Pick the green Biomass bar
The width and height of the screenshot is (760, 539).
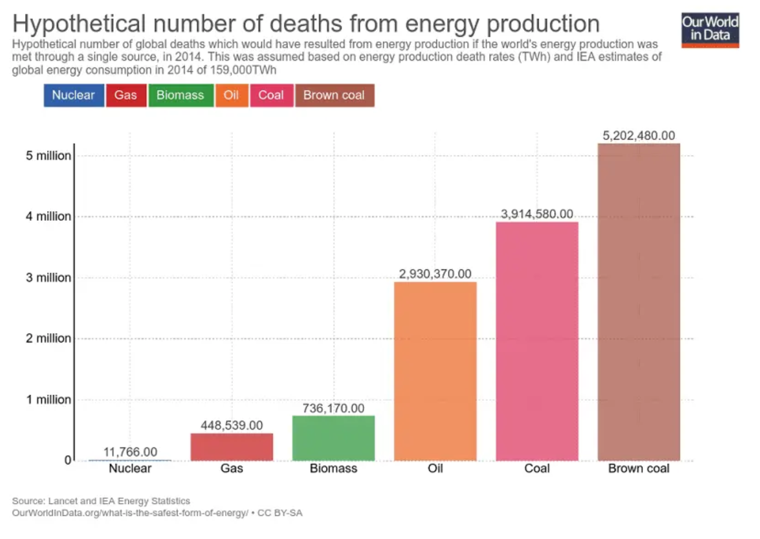coord(333,438)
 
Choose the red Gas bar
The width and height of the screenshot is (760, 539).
coord(232,447)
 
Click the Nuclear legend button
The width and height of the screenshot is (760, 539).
coord(73,95)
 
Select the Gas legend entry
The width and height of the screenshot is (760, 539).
coord(125,95)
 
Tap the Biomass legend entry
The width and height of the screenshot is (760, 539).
coord(180,95)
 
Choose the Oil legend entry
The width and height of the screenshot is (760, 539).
coord(231,95)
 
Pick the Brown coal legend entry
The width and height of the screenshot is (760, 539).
coord(334,95)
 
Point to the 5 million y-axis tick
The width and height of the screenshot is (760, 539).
coord(48,156)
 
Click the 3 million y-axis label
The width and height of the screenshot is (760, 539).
coord(48,278)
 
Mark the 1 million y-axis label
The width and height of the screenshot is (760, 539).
coord(48,400)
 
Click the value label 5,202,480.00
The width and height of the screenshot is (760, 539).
coord(638,136)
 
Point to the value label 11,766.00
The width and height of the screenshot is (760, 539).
coord(130,452)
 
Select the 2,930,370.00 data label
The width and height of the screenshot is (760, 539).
coord(435,274)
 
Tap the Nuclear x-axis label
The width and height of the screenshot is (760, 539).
coord(130,469)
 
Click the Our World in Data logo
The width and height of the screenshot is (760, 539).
coord(710,29)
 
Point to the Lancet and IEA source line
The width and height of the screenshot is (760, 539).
coord(101,501)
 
